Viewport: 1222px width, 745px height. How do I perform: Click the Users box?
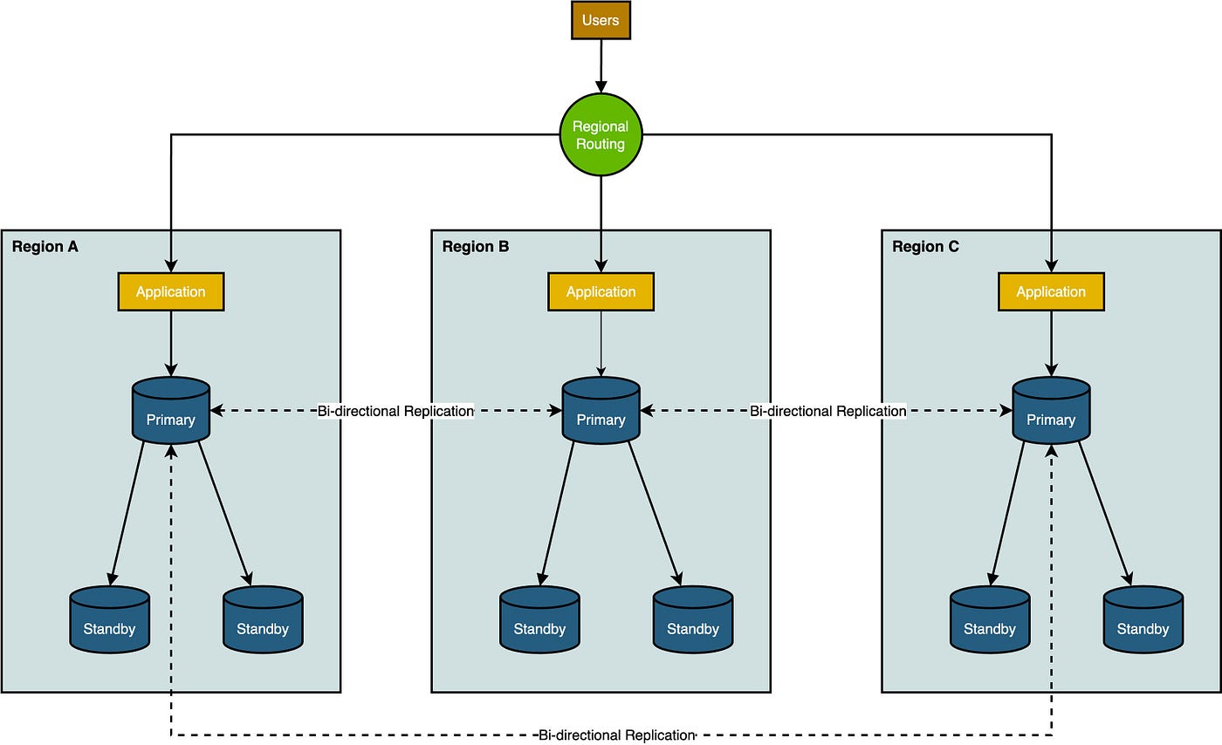[x=601, y=20]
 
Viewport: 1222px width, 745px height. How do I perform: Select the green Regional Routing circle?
[x=601, y=134]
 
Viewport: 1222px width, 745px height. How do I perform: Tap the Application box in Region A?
[x=171, y=291]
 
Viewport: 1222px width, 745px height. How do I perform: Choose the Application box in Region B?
[x=601, y=291]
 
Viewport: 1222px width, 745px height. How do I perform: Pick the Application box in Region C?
[x=1051, y=291]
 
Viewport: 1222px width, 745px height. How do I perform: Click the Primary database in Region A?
[x=171, y=410]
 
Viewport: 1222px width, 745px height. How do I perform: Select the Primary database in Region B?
[x=601, y=410]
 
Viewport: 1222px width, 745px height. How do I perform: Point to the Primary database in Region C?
[x=1051, y=410]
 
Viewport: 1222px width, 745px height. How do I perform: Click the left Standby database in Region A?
[x=110, y=619]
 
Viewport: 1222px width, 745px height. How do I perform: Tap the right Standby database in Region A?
[x=263, y=619]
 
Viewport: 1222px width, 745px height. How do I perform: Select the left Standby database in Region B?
[x=539, y=619]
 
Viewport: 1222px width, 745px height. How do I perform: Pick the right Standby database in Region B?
[x=693, y=619]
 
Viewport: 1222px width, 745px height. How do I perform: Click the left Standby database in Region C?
[x=990, y=619]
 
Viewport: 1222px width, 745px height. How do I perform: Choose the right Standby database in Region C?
[x=1143, y=619]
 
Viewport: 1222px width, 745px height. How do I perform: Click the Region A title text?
[x=45, y=247]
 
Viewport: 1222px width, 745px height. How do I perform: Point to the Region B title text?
[x=476, y=247]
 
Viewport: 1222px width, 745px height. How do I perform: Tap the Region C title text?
[x=926, y=247]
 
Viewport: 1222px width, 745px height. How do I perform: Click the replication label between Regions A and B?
[x=395, y=411]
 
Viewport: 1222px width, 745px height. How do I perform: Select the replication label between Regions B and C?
[x=828, y=411]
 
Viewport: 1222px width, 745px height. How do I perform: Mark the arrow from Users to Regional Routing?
[x=601, y=66]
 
